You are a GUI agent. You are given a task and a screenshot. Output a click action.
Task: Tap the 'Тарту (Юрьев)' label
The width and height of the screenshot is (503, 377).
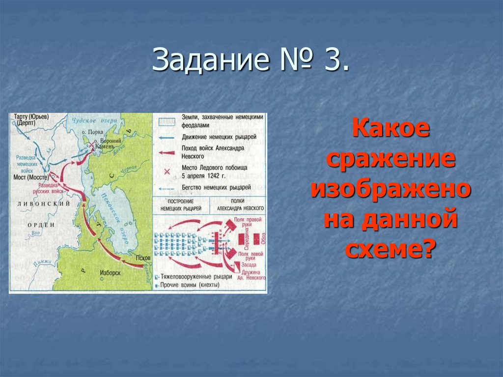pyautogui.click(x=30, y=116)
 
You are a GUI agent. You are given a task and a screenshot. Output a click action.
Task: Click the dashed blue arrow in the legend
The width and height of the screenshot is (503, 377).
pyautogui.click(x=167, y=188)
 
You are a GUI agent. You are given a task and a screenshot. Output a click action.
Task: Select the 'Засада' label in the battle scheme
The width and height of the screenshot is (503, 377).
pyautogui.click(x=249, y=265)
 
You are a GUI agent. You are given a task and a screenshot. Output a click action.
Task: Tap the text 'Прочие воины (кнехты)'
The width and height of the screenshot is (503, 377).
pyautogui.click(x=196, y=285)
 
